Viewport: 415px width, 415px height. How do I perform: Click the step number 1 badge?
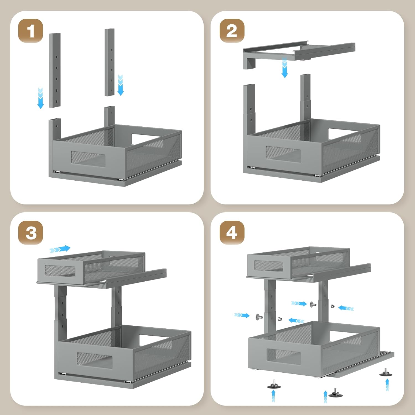click(x=31, y=31)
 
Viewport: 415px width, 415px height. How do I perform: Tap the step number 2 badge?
click(x=232, y=31)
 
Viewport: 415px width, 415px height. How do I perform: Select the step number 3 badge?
click(x=31, y=232)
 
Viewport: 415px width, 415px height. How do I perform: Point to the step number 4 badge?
click(x=232, y=232)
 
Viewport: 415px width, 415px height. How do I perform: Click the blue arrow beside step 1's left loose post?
click(x=41, y=98)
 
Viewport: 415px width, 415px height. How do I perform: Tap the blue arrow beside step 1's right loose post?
click(x=120, y=85)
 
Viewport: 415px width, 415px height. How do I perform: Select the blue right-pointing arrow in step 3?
click(x=60, y=249)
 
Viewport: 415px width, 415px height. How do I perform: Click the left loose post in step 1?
click(x=55, y=70)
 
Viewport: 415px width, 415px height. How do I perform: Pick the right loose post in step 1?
click(x=110, y=62)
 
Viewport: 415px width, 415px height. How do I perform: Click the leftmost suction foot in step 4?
click(x=274, y=385)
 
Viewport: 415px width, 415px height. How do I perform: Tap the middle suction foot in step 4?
click(x=335, y=393)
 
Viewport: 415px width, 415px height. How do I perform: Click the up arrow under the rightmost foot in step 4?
click(x=387, y=385)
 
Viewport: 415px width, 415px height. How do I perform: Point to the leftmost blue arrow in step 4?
click(x=242, y=315)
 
